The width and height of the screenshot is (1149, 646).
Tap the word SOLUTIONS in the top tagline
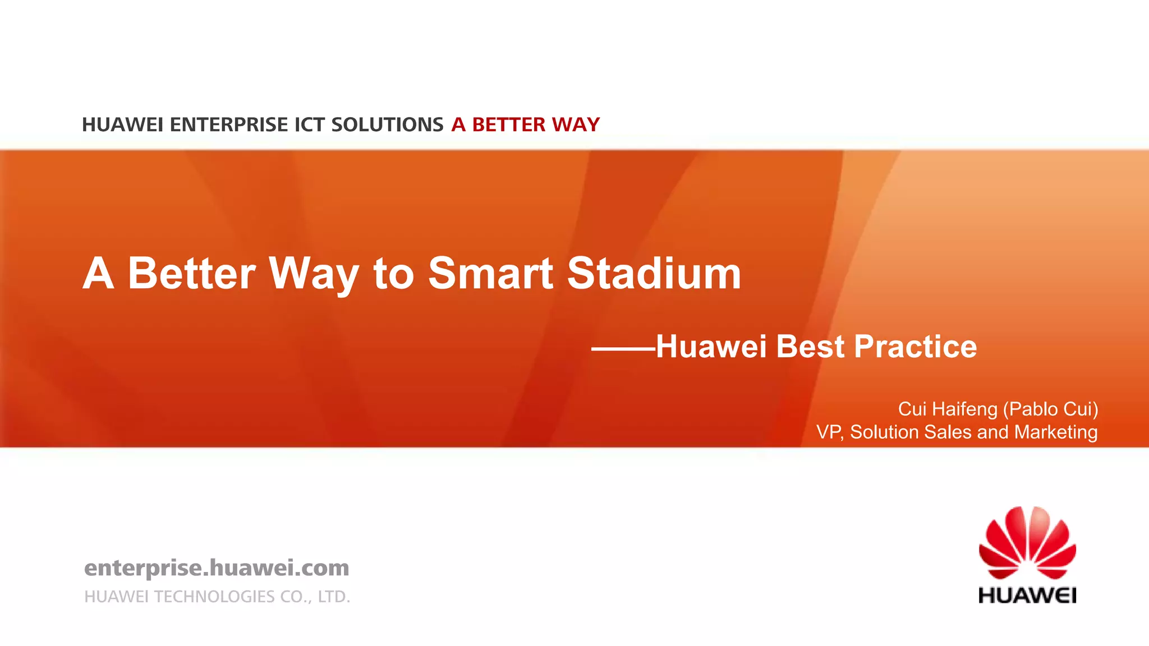point(387,124)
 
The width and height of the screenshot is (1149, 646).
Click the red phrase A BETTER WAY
point(526,124)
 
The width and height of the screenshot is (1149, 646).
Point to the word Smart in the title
point(490,274)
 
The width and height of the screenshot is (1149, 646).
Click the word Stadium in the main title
point(654,274)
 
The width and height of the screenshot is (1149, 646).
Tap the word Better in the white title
point(192,274)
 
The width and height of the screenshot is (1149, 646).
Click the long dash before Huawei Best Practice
point(623,349)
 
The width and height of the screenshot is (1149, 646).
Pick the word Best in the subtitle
point(810,346)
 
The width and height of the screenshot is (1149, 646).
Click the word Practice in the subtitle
point(915,346)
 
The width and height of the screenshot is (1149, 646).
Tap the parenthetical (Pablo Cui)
point(1050,409)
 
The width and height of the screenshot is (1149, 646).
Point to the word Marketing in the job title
point(1056,432)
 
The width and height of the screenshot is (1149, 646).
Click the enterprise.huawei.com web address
point(217,567)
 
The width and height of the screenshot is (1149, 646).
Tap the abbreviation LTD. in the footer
point(334,597)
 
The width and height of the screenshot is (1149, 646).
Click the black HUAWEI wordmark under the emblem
point(1027,595)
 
